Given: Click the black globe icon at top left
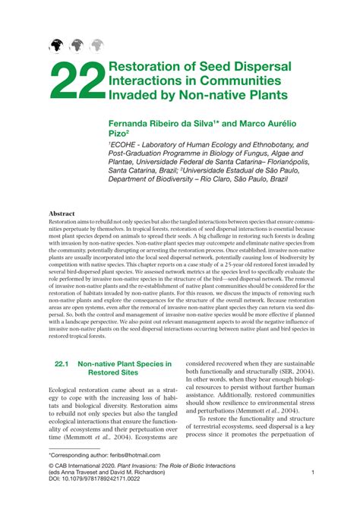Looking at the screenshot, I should click(56, 46).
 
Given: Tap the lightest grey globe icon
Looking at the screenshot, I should click(96, 46).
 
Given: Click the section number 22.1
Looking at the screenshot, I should click(62, 364).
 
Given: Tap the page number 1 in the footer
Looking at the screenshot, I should click(313, 473).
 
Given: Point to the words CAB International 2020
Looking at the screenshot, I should click(95, 464).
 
